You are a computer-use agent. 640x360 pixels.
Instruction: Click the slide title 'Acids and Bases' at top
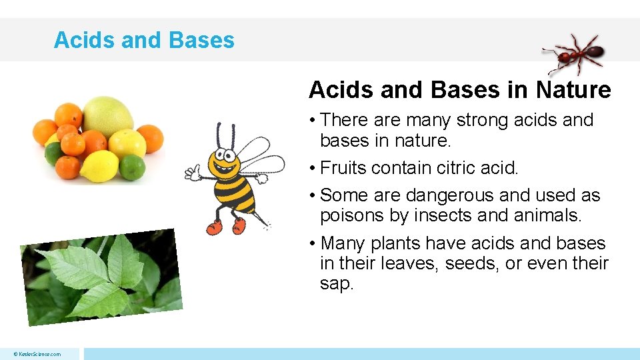click(144, 40)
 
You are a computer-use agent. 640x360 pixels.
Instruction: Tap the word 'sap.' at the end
click(336, 283)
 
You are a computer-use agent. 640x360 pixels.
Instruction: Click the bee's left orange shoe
click(215, 227)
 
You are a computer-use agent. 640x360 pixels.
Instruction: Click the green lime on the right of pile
click(132, 166)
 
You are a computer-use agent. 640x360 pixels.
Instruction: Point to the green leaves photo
click(101, 277)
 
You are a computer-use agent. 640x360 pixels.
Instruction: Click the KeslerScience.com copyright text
click(39, 354)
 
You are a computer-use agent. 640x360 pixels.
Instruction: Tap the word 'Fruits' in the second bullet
click(344, 168)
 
